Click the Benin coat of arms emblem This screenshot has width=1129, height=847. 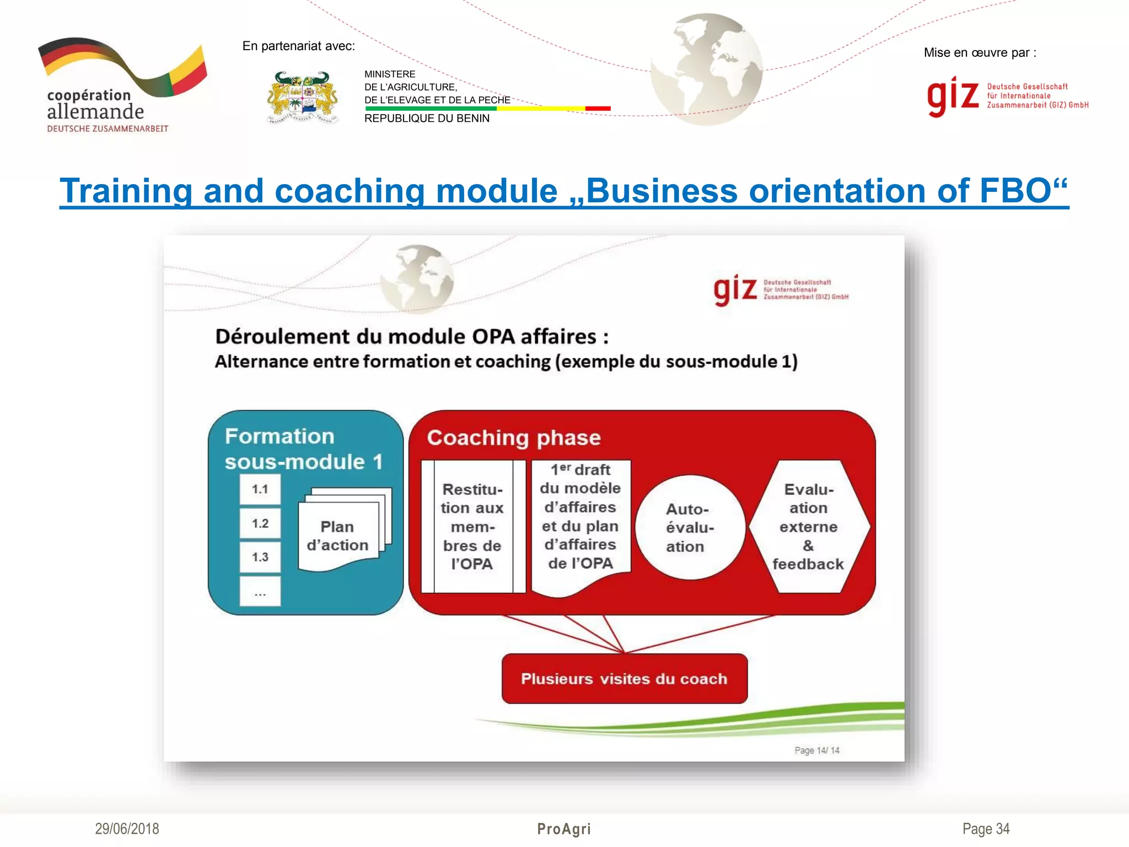coord(302,98)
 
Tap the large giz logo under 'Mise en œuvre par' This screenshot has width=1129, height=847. coord(953,97)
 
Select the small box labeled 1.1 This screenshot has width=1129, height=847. coord(260,489)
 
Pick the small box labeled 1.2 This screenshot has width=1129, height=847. coord(260,523)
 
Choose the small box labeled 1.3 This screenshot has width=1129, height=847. coord(260,557)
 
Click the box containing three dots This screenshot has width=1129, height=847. coord(260,592)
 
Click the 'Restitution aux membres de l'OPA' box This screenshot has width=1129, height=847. coord(472,527)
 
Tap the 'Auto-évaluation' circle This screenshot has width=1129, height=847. coord(690,528)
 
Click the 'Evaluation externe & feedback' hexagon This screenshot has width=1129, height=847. coord(808,527)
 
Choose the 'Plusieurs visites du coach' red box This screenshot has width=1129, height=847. coord(624,679)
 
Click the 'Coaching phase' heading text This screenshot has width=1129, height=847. coord(514,438)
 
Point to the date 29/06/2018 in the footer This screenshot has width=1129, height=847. coord(127,829)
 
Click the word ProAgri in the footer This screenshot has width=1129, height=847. coord(564,829)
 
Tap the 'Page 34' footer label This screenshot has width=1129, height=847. coord(986,829)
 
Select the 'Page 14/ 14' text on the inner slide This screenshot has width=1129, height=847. coord(816,750)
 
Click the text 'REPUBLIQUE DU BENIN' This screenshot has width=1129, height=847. coord(427,119)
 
